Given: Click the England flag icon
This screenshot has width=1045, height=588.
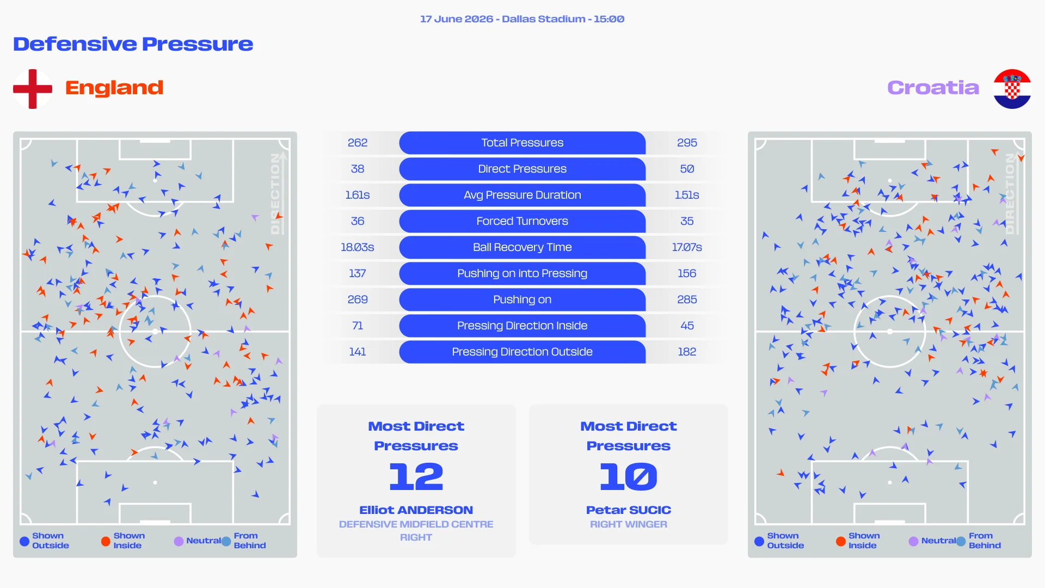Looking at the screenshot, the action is point(33,89).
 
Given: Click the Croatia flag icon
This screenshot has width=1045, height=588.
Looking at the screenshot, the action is point(1012,89).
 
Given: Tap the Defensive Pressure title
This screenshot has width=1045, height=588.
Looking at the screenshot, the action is point(133,44).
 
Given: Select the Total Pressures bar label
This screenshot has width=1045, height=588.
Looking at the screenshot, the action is point(522,143).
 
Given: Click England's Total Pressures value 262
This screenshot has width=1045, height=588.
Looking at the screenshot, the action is point(358,143).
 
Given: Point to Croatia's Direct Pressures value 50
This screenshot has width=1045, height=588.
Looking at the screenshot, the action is point(687,169).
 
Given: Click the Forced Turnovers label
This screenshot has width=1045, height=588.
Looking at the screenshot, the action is point(522,221).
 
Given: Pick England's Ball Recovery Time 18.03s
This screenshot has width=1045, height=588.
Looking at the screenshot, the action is point(358,247).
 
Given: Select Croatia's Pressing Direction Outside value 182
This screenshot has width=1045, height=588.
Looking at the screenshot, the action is point(687,352).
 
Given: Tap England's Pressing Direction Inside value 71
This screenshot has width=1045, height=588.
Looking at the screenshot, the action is point(358,326).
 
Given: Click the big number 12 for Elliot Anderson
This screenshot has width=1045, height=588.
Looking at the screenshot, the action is point(416,477).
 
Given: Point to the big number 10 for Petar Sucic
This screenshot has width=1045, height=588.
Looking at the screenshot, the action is point(629,477).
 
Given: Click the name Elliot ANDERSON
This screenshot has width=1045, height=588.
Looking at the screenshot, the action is point(416,510).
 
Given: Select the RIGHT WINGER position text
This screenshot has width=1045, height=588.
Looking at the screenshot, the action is point(629,524).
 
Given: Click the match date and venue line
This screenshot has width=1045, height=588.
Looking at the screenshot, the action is point(522,19).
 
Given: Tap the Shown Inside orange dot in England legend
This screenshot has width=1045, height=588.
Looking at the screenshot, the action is point(106,541).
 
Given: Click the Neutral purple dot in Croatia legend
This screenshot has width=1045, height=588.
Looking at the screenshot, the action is point(913,541).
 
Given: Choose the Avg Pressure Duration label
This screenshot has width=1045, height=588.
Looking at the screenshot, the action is point(522,195).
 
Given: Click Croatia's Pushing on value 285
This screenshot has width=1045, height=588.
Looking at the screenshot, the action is point(687,299).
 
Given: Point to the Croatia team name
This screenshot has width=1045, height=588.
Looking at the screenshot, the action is point(933,88).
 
